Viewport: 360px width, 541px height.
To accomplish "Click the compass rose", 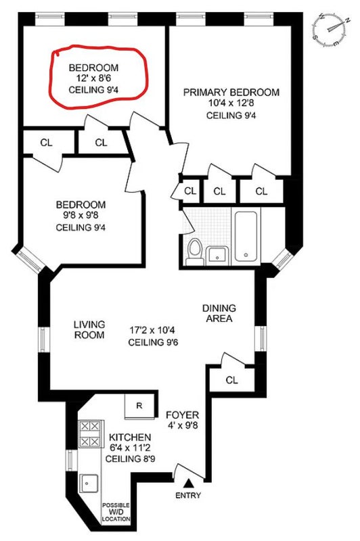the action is [x=330, y=30].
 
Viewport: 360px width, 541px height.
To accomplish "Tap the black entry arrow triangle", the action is [x=188, y=483].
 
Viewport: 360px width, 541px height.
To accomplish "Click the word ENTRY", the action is [x=188, y=496].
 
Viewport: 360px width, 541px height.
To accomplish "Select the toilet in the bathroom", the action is [x=195, y=252].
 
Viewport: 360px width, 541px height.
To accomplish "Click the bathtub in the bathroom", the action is [x=246, y=236].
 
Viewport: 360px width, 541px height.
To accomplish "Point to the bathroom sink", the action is [x=217, y=256].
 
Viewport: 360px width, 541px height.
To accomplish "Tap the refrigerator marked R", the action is [x=139, y=406].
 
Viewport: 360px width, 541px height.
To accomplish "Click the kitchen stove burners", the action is [x=91, y=433].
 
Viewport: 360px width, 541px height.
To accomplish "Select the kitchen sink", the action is [x=90, y=483].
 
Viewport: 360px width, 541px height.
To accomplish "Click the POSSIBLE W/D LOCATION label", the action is [x=116, y=512].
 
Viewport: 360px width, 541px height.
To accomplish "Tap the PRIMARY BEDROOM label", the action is [x=231, y=93].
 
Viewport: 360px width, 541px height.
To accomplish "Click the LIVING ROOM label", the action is [x=89, y=329].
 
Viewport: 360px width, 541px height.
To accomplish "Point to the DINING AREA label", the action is [x=219, y=313].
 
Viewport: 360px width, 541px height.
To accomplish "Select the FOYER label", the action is [x=183, y=415].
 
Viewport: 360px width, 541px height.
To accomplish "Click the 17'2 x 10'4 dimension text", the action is [x=152, y=330].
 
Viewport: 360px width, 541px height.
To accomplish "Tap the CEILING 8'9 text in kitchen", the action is [x=130, y=459].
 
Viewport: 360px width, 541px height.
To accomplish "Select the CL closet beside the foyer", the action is [x=231, y=380].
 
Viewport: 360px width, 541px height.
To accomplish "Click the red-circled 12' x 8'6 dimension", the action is [x=89, y=78].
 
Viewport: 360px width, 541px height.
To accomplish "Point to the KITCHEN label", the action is [x=130, y=438].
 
